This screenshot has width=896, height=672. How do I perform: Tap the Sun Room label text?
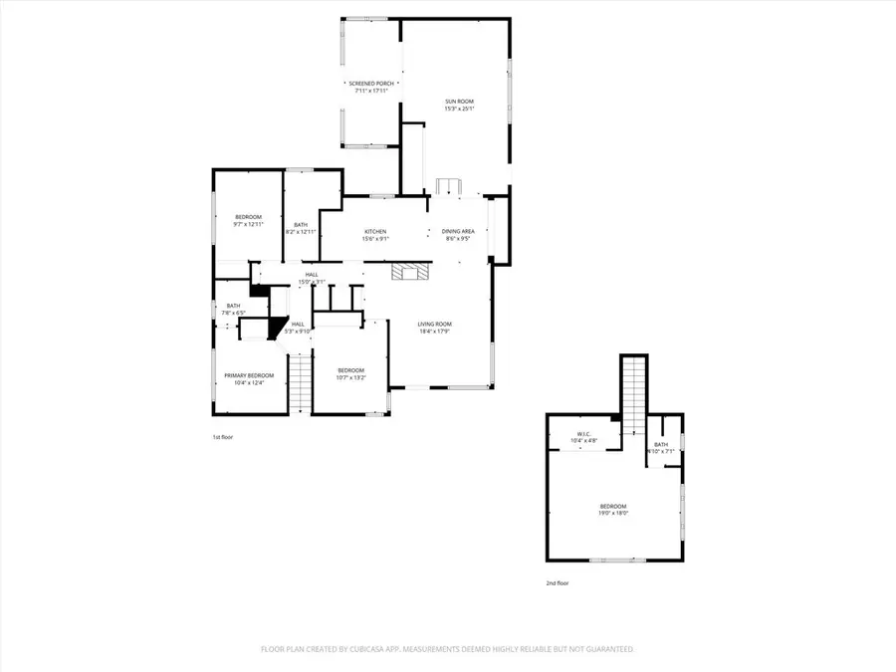point(459,101)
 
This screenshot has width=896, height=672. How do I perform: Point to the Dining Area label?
point(458,232)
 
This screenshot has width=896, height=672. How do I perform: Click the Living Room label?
point(434,324)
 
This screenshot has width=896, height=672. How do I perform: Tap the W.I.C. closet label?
point(584,434)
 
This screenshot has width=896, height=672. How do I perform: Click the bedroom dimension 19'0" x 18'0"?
point(613,514)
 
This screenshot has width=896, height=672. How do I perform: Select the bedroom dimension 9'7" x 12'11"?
point(248,225)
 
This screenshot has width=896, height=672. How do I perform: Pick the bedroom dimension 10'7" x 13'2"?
point(350,378)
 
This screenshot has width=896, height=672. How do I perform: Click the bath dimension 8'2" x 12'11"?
point(301,232)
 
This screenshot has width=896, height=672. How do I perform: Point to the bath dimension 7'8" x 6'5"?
point(233,314)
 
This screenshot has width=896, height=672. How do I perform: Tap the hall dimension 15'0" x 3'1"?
point(312,283)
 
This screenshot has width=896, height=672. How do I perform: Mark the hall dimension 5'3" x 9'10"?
point(298,332)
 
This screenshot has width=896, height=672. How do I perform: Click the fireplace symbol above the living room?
point(407,272)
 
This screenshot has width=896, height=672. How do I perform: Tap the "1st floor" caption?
point(223,437)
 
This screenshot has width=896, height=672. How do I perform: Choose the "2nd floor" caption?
point(558,582)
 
